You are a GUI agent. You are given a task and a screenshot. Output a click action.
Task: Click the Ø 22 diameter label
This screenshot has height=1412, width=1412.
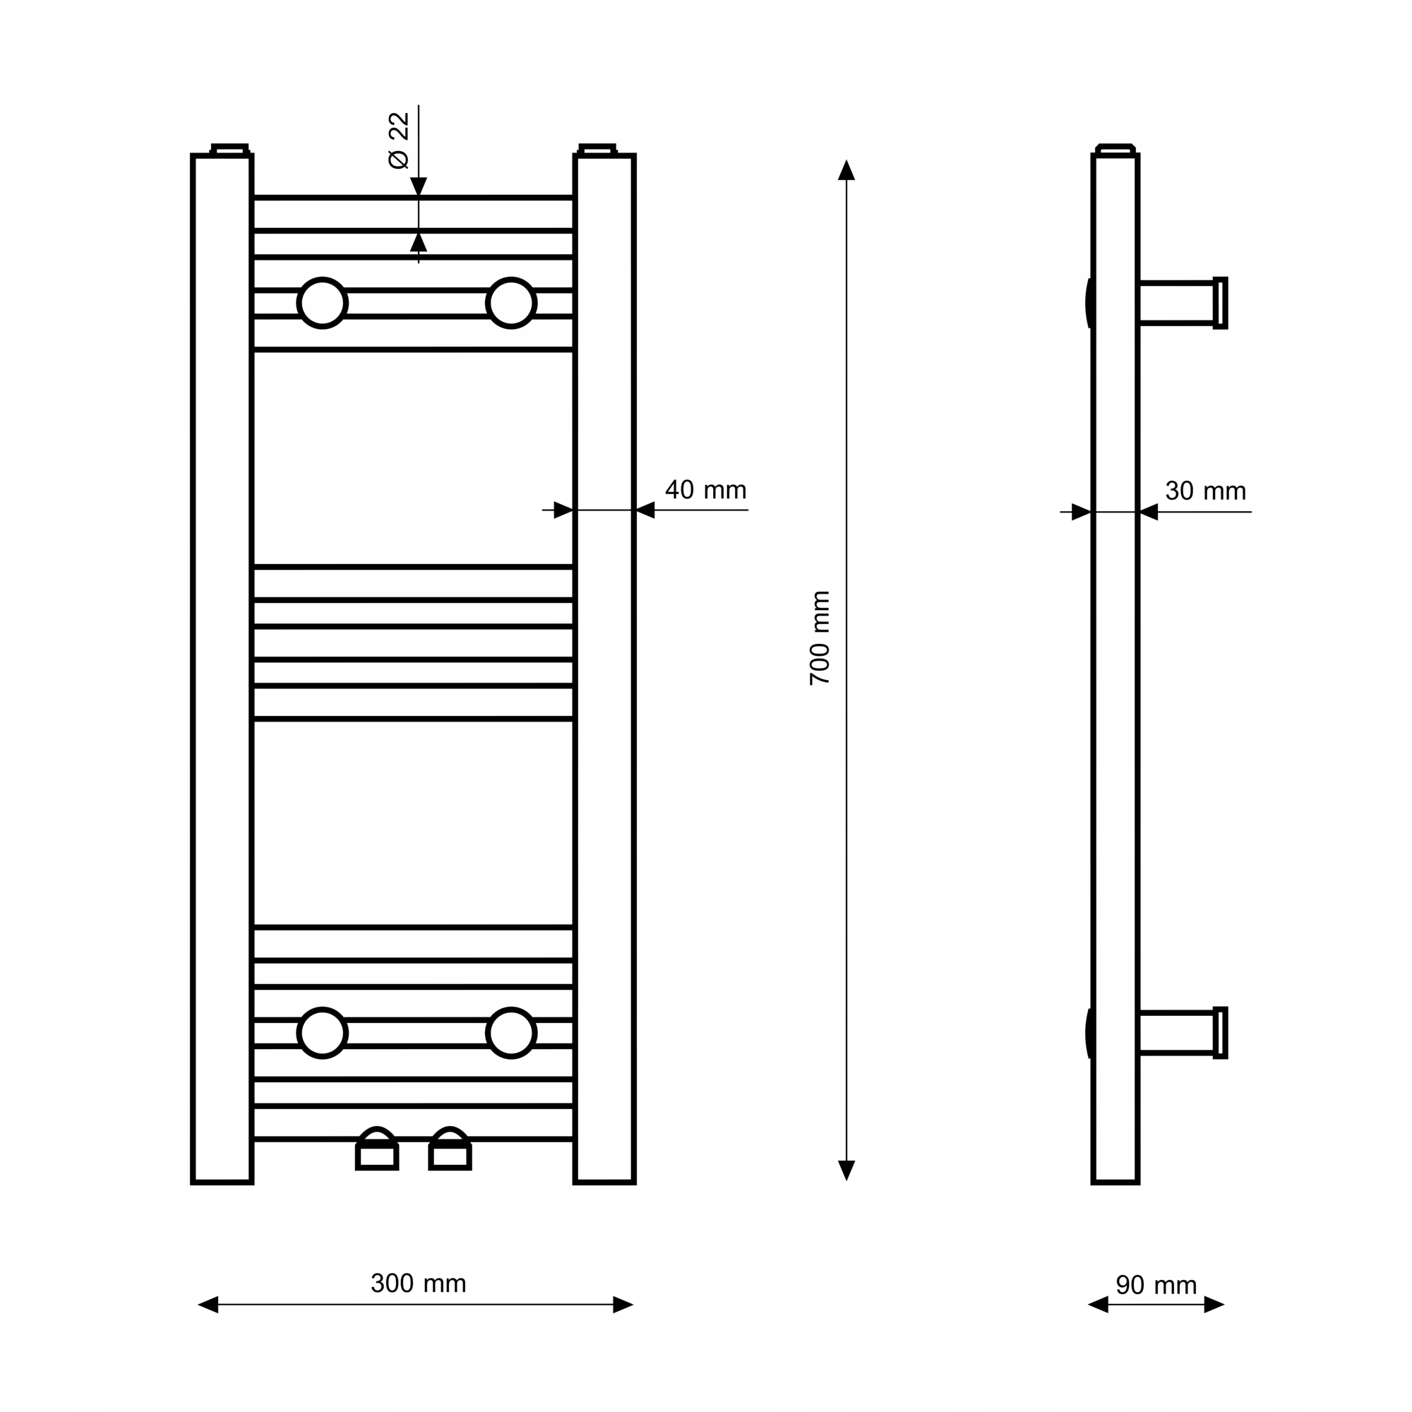[398, 140]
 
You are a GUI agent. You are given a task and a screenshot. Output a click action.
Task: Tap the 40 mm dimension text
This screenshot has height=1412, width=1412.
[705, 490]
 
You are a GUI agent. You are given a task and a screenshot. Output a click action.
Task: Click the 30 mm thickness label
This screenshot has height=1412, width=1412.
[1205, 491]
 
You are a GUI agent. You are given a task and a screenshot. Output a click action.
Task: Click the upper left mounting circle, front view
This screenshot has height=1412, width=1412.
[323, 303]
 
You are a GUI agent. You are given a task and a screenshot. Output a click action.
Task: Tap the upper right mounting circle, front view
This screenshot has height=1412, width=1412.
[512, 303]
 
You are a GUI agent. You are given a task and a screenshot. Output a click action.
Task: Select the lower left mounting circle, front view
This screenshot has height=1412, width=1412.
[323, 1033]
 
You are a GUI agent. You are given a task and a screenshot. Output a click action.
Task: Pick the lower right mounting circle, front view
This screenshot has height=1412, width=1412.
[512, 1033]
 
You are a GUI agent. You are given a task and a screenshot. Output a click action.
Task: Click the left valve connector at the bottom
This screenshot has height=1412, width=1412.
[377, 1151]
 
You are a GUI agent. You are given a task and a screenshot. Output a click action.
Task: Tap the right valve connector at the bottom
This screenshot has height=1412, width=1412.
[450, 1151]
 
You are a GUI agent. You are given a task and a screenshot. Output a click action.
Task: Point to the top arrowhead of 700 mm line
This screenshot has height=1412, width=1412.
[846, 170]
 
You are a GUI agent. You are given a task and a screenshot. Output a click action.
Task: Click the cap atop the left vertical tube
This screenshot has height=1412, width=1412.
[230, 149]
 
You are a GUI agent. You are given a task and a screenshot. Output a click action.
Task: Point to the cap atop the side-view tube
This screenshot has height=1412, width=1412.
[1116, 149]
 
